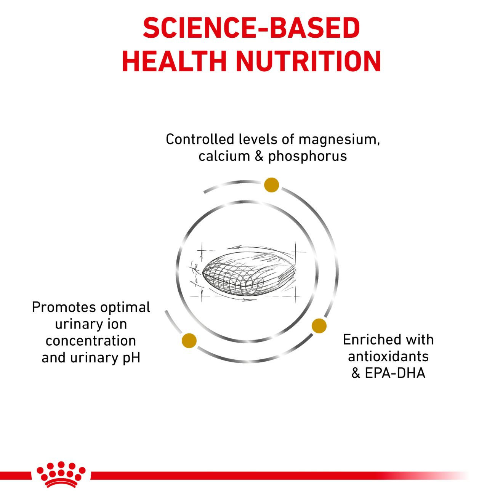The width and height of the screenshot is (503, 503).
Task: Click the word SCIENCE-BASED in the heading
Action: pyautogui.click(x=251, y=28)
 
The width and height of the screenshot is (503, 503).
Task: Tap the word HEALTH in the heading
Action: pyautogui.click(x=175, y=61)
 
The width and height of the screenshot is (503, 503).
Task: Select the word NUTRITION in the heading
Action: pyautogui.click(x=309, y=61)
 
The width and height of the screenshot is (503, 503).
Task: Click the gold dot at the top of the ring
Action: pyautogui.click(x=271, y=185)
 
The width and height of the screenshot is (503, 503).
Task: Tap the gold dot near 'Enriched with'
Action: pyautogui.click(x=319, y=326)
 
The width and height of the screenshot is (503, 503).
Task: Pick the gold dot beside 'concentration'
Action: pyautogui.click(x=189, y=341)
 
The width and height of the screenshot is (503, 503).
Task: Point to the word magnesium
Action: pyautogui.click(x=339, y=140)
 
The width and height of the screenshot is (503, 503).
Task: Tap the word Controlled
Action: pyautogui.click(x=200, y=139)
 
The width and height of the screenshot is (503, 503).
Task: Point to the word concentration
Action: pyautogui.click(x=91, y=341)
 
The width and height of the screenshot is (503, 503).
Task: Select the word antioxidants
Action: pyautogui.click(x=388, y=356)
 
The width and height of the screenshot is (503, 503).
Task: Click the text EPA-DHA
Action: pyautogui.click(x=395, y=373)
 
